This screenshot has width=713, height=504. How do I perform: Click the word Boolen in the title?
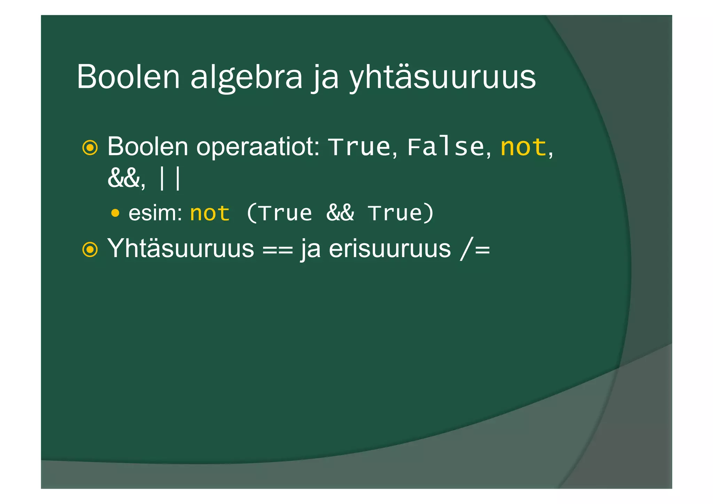point(128,77)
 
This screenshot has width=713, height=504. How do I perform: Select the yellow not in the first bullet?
point(523,147)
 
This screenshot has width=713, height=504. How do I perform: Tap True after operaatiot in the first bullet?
point(360,147)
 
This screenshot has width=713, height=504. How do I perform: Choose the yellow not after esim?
point(210,213)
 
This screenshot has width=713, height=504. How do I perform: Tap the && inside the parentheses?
point(340,213)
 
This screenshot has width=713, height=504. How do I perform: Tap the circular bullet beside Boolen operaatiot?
point(90,148)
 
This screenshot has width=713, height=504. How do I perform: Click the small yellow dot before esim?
point(115,213)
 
